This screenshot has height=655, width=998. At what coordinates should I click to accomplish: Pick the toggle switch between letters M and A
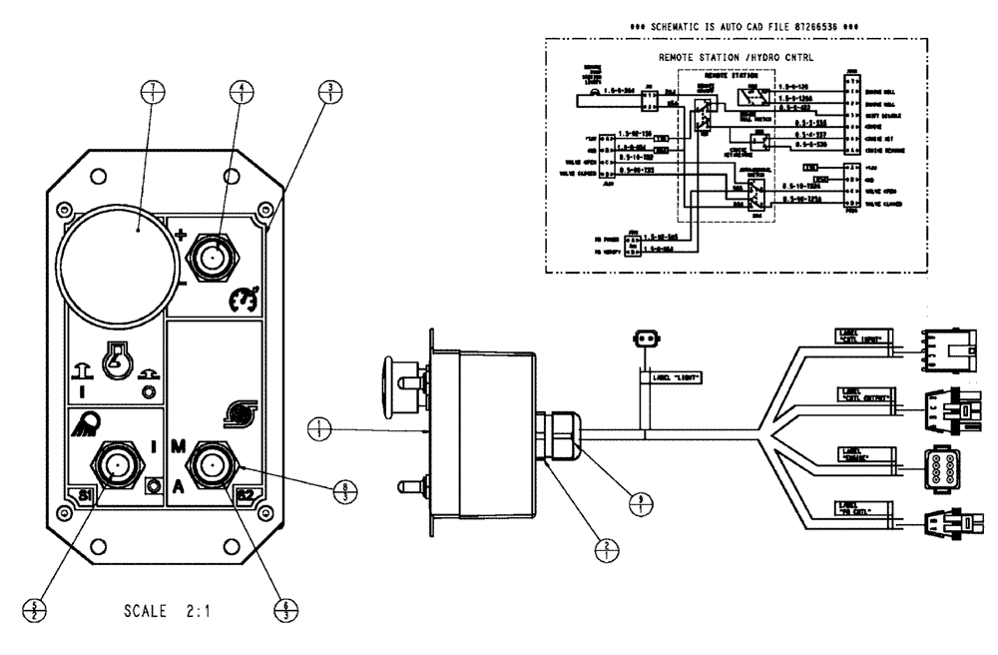(213, 464)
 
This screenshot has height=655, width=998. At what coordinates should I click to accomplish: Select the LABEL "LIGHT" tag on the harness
(675, 377)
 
